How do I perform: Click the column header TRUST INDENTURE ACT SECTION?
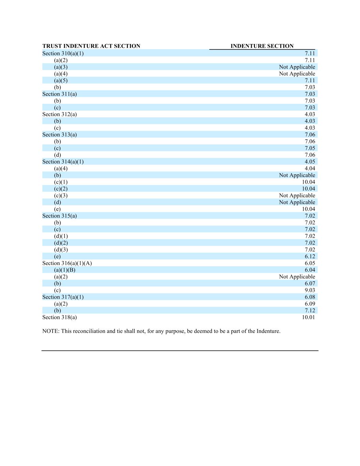[91, 46]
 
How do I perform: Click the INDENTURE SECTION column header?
[262, 46]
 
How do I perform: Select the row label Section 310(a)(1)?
[63, 53]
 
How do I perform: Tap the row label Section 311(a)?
[59, 94]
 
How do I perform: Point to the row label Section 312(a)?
[59, 114]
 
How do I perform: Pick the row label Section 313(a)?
[59, 135]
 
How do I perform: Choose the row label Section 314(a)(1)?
[63, 161]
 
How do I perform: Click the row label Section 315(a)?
[59, 216]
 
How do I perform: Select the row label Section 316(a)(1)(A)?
[67, 263]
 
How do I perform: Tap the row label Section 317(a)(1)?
[63, 297]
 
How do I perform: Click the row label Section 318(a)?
[59, 317]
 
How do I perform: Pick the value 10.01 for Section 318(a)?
[308, 317]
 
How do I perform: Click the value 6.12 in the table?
[310, 256]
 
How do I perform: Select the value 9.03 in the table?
[310, 290]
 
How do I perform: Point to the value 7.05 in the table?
[310, 148]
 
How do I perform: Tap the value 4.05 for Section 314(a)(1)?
[310, 161]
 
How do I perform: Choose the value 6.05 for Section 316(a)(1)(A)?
[310, 263]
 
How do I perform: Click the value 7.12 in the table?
[310, 310]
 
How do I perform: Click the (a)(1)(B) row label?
[64, 270]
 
